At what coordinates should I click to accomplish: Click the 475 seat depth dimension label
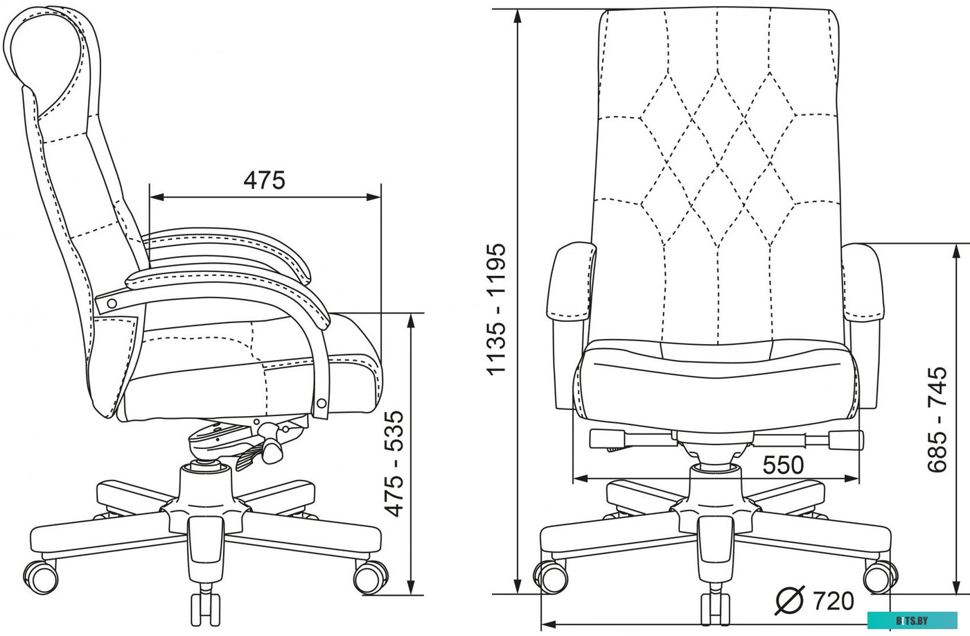264,180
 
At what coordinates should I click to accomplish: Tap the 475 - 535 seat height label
394,464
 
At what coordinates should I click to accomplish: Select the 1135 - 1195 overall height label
496,309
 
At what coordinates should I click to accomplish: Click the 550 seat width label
783,465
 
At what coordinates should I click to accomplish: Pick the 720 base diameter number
834,601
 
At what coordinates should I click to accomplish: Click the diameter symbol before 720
789,601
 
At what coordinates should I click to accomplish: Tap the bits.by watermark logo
912,620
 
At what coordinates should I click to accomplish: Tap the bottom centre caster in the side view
206,609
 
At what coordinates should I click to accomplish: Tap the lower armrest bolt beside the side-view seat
321,404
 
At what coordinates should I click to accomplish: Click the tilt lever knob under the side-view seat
273,452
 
